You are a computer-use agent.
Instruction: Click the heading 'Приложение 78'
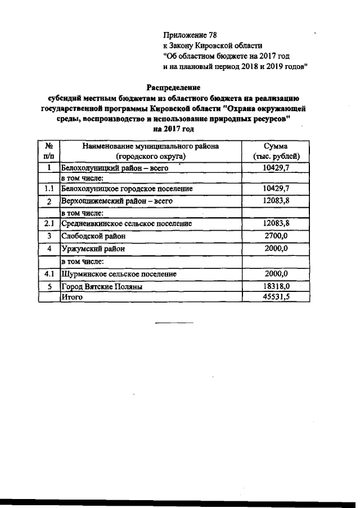tap(186, 35)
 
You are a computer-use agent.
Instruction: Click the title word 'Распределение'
tap(174, 87)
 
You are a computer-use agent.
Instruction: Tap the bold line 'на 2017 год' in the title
tap(174, 129)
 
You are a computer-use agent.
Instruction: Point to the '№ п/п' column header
tap(49, 151)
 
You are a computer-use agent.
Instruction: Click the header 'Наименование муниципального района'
tap(150, 146)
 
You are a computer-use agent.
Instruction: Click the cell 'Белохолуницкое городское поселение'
tap(127, 189)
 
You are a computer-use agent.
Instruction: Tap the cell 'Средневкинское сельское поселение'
tap(126, 223)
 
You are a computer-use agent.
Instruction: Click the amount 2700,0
tap(276, 236)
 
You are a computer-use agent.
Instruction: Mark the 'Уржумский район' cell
tap(92, 249)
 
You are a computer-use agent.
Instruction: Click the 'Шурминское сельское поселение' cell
tap(119, 274)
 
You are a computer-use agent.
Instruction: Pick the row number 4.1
tap(49, 274)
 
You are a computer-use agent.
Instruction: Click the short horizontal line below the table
tap(174, 322)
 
